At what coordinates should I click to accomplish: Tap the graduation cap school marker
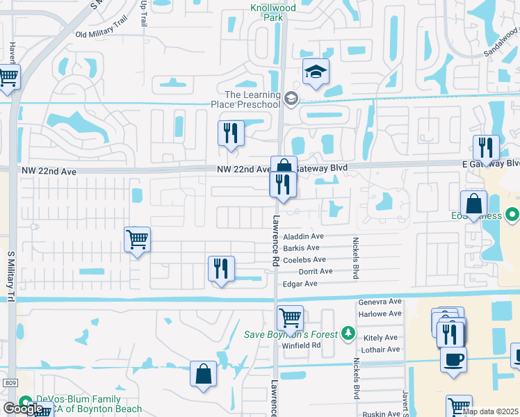(x=316, y=72)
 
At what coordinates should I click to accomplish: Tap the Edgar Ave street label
(x=300, y=284)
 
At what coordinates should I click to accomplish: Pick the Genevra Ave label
(x=380, y=302)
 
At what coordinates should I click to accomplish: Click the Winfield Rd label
(x=306, y=344)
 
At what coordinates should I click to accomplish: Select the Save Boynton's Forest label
(x=291, y=334)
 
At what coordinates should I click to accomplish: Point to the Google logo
(x=23, y=409)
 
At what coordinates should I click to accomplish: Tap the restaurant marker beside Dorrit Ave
(x=221, y=268)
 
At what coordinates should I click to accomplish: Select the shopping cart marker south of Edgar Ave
(x=290, y=318)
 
